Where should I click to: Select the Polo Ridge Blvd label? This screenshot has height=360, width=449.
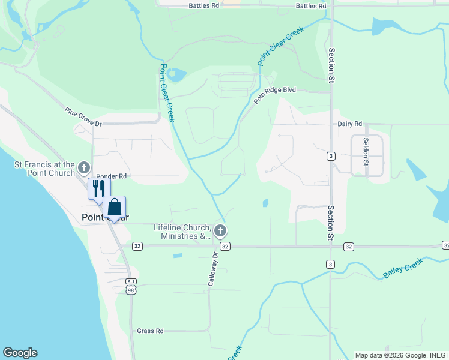point(275,97)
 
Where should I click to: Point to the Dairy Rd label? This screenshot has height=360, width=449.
point(349,124)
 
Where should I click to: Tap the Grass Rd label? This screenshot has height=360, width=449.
point(150,331)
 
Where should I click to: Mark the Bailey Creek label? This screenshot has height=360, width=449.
point(403,268)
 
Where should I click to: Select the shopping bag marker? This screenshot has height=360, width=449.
point(115,207)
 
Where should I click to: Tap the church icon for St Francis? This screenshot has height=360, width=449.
point(84,167)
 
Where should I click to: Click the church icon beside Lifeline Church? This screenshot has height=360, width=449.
point(220,230)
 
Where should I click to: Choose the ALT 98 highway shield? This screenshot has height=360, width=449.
point(131,286)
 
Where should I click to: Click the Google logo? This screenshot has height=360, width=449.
point(20,353)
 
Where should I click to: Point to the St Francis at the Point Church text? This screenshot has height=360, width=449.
point(46,169)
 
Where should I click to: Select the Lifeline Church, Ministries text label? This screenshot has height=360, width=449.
point(182,232)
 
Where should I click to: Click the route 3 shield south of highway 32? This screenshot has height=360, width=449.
point(330,264)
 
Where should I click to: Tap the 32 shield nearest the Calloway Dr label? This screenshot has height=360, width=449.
point(224,247)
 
